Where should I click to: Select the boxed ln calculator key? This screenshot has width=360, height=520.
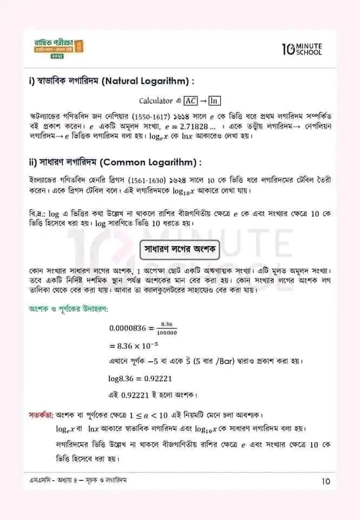(x=214, y=101)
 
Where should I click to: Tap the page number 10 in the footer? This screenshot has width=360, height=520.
(x=325, y=480)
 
